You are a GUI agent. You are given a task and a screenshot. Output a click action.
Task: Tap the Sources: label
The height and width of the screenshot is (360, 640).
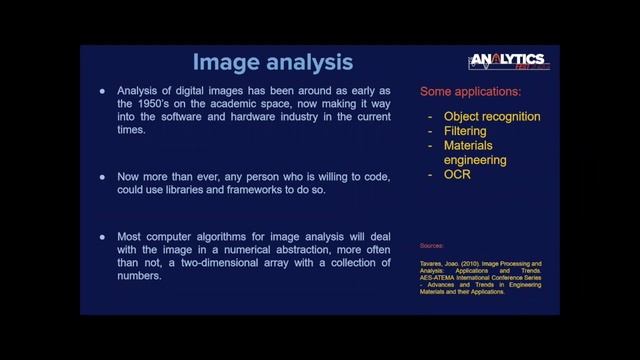click(x=431, y=244)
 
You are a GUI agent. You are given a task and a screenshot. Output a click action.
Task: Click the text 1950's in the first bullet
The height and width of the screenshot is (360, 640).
click(x=171, y=103)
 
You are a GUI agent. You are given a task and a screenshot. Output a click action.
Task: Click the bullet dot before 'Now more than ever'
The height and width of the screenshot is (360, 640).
click(x=102, y=176)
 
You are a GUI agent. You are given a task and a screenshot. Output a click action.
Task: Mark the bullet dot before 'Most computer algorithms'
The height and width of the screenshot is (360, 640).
click(x=102, y=236)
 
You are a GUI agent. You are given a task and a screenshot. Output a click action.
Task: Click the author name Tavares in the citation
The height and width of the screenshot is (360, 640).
click(x=433, y=263)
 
